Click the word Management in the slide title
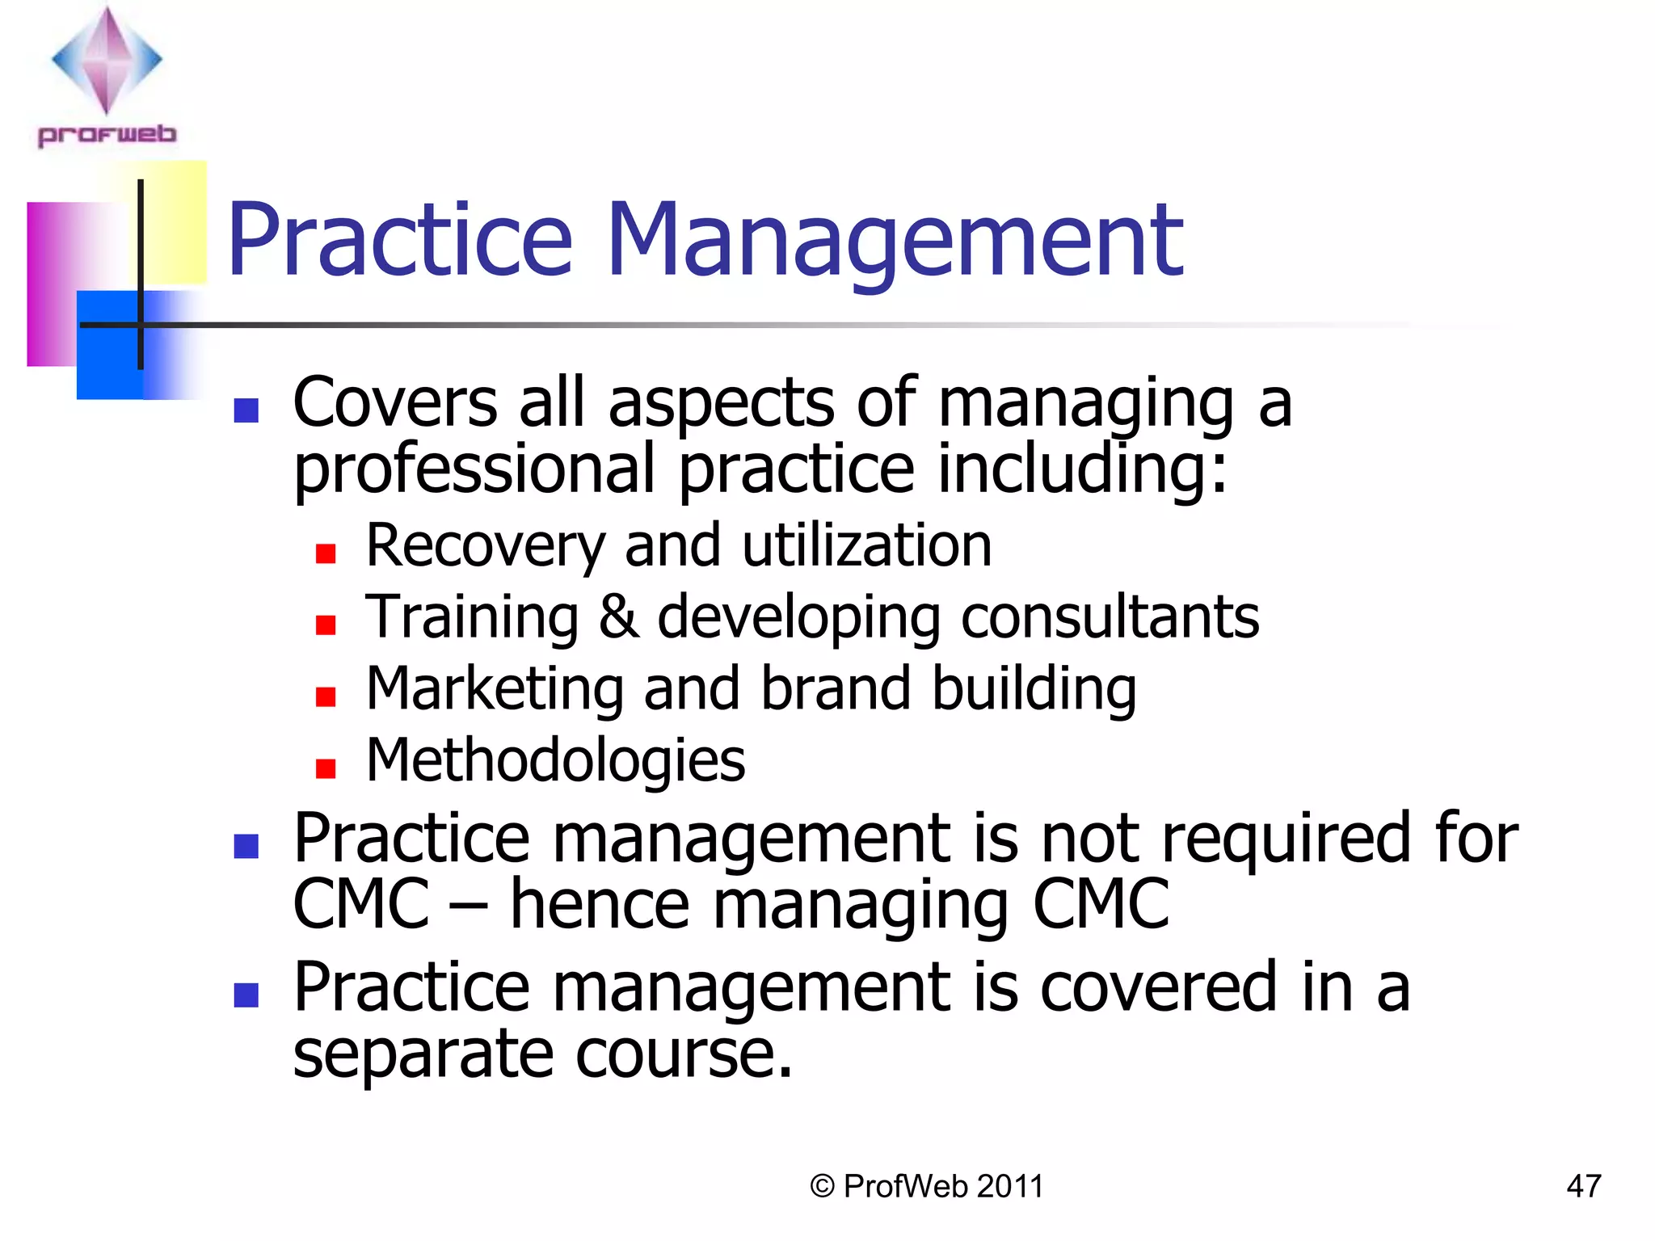pos(895,241)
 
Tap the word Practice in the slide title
pos(400,241)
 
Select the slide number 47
pos(1583,1186)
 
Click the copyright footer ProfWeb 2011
pos(927,1186)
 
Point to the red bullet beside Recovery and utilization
pos(326,553)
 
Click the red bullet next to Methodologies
pos(326,768)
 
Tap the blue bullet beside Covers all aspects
pos(246,410)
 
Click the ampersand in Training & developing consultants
pos(618,616)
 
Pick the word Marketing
pos(495,689)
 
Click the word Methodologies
pos(555,761)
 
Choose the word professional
pos(474,470)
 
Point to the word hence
pos(600,904)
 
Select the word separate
pos(423,1054)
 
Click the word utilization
pos(866,545)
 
